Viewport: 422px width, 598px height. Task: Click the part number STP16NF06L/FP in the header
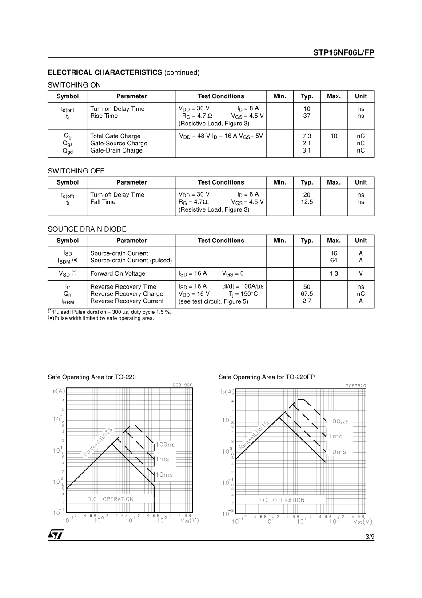pos(343,52)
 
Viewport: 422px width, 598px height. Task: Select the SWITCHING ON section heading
pos(74,85)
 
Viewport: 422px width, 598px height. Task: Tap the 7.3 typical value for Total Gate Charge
pos(307,136)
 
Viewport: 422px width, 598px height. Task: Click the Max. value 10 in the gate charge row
pos(334,136)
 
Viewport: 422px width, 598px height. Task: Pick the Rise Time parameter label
pos(104,116)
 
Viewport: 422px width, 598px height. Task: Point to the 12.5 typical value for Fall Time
pos(307,202)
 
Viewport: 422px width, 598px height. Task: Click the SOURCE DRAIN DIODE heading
pos(87,229)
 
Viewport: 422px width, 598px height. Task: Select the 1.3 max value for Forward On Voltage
pos(334,273)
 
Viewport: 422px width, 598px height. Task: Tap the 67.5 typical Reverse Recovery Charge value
pos(307,294)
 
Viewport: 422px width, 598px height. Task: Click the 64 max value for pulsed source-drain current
pos(334,261)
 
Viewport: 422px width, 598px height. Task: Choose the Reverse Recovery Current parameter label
pos(127,301)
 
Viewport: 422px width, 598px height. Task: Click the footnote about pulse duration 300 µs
pos(110,312)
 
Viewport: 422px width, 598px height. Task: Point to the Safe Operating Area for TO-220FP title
pos(266,377)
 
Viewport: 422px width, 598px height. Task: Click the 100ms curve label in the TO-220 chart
pos(165,445)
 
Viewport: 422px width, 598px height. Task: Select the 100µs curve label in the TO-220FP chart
pos(338,421)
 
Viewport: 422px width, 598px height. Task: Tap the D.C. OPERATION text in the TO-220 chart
pos(110,499)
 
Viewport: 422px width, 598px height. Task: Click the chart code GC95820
pos(356,385)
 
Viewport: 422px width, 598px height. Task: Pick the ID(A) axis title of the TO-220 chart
pos(58,391)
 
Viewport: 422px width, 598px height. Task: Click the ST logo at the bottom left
pos(56,534)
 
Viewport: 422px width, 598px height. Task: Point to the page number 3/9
pos(370,537)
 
